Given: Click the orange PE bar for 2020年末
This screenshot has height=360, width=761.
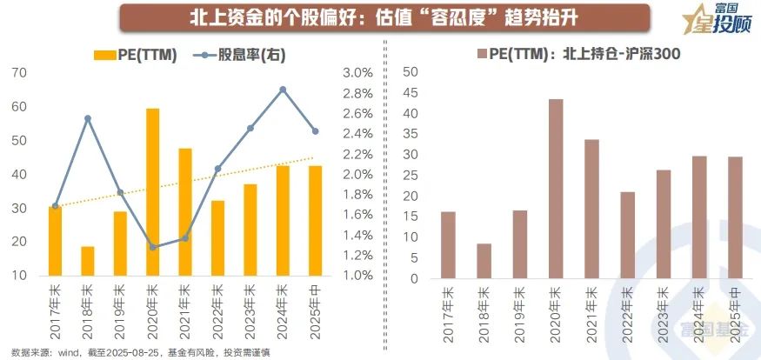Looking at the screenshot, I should pyautogui.click(x=152, y=191).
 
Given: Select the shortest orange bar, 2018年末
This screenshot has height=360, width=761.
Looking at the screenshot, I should pyautogui.click(x=87, y=261).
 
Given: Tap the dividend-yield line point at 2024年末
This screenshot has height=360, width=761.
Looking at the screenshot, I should pyautogui.click(x=283, y=90).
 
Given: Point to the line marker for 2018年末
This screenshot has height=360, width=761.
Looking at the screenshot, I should pyautogui.click(x=87, y=118).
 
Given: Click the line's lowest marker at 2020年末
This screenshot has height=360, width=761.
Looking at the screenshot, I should pyautogui.click(x=152, y=247).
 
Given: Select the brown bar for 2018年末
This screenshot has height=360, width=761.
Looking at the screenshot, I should pyautogui.click(x=484, y=261).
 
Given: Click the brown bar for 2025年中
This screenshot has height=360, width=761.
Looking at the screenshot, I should pyautogui.click(x=735, y=217).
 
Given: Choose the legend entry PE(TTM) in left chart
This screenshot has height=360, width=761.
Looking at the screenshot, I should pyautogui.click(x=135, y=56).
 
